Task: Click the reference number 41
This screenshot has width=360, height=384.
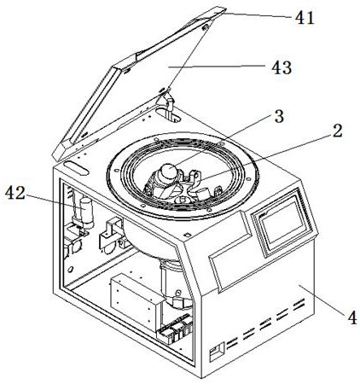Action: coord(305,18)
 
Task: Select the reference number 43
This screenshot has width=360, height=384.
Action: coord(282,67)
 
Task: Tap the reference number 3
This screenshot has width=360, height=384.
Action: coord(279,116)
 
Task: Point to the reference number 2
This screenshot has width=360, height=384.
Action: coord(337,131)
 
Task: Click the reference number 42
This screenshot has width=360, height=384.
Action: coord(15,193)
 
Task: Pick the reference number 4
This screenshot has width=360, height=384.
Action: coord(352,317)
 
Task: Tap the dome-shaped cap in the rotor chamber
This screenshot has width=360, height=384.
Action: coord(168,172)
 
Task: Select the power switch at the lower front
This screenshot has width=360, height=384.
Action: coord(216,352)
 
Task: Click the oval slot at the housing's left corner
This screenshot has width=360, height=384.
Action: coord(76,168)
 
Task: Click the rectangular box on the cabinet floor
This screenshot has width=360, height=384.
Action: coord(134,301)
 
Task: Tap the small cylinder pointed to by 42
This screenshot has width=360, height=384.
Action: coord(87,212)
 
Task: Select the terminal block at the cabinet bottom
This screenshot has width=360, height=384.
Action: coord(174,328)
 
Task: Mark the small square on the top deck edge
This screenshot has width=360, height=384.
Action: coord(187,235)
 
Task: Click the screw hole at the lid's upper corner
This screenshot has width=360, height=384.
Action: coord(205,27)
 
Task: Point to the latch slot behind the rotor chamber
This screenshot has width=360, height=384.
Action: coord(168,114)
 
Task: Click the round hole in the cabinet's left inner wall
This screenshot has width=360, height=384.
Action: coord(71,269)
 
